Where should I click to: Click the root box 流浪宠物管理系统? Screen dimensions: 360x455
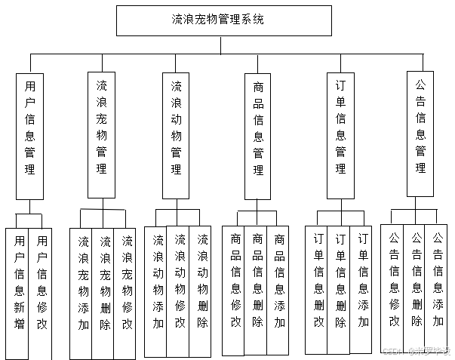click(224, 20)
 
